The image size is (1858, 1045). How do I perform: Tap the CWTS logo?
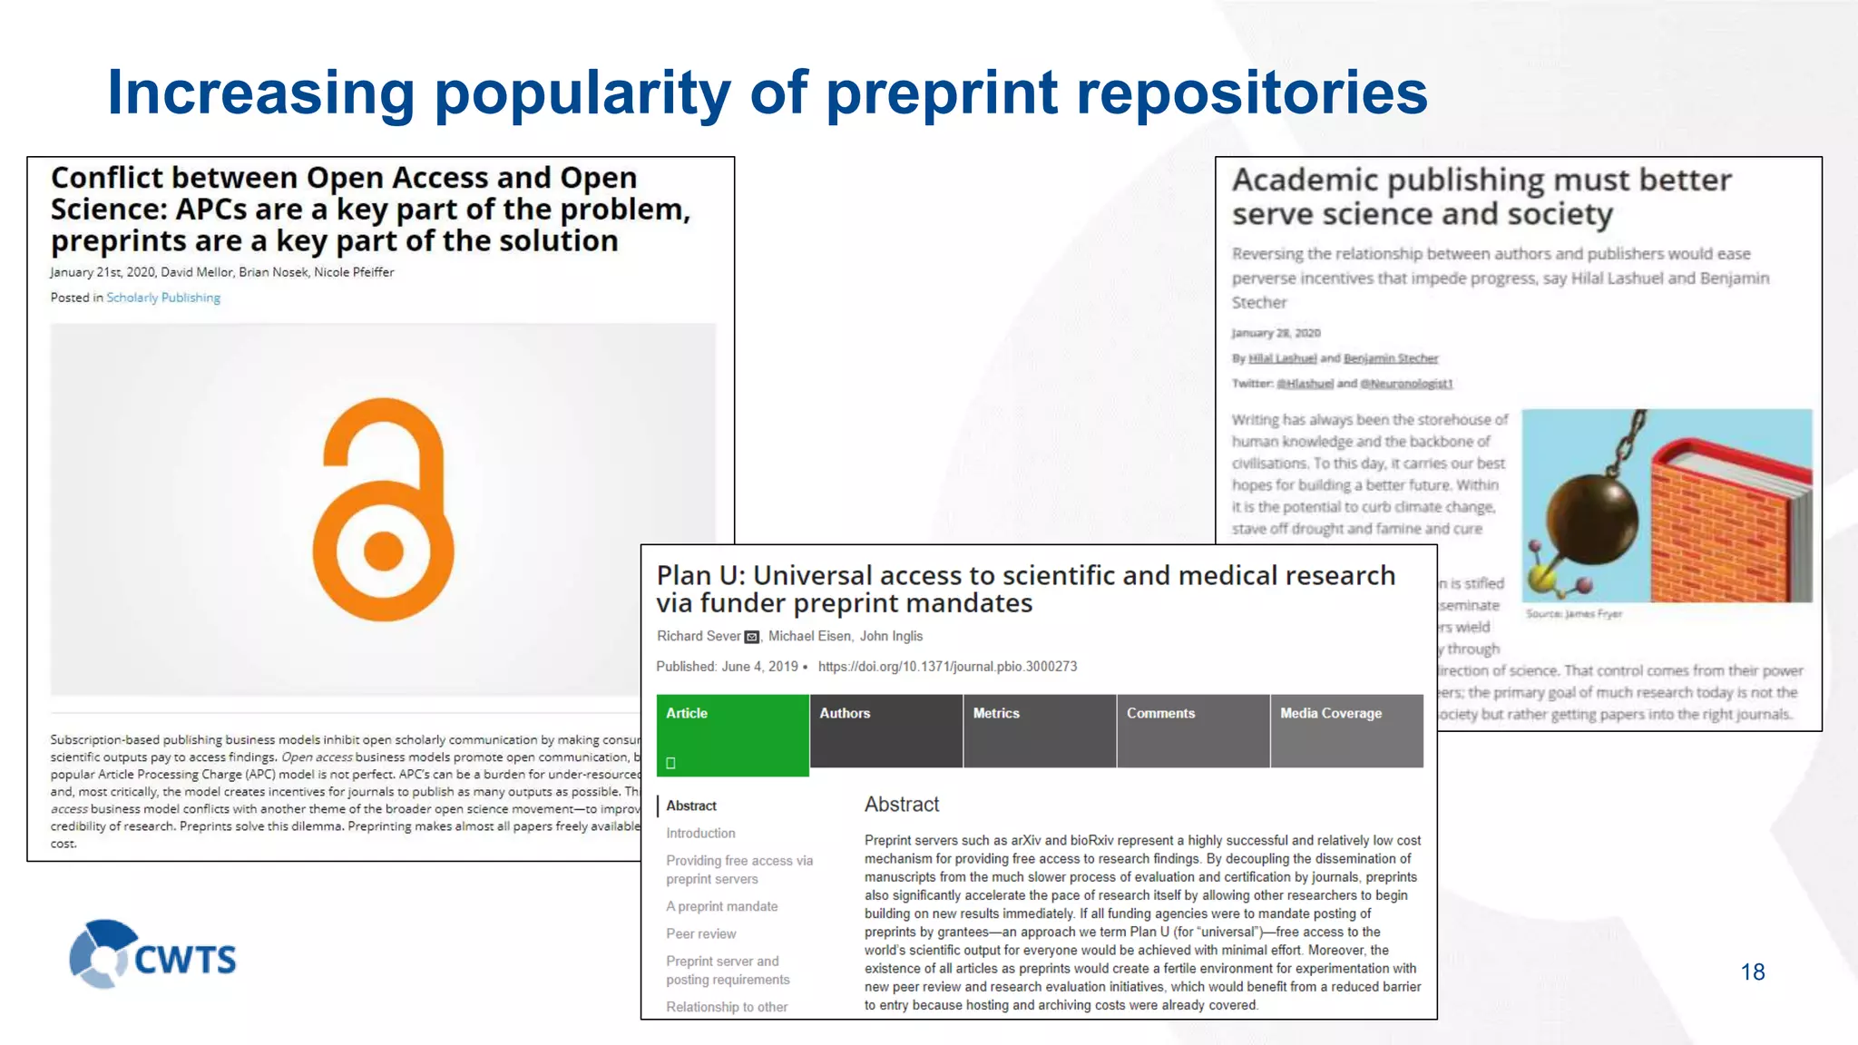[x=153, y=955]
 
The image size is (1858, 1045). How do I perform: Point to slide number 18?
[x=1752, y=972]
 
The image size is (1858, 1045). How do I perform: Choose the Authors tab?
[x=885, y=730]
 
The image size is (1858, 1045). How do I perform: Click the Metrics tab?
[x=1039, y=730]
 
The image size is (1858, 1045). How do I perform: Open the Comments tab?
[x=1192, y=730]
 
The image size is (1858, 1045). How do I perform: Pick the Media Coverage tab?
[x=1346, y=730]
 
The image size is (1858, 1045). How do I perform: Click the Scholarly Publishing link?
[x=163, y=298]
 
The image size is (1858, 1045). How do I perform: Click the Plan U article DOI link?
[x=947, y=667]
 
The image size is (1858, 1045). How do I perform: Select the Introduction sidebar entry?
[x=700, y=833]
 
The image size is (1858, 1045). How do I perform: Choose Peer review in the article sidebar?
[x=700, y=933]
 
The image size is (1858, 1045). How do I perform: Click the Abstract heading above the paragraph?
[x=901, y=805]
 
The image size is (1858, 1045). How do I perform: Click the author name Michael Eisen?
[x=809, y=637]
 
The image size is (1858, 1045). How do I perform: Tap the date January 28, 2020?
[x=1276, y=333]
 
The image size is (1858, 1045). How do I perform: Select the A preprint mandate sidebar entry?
[x=721, y=906]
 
